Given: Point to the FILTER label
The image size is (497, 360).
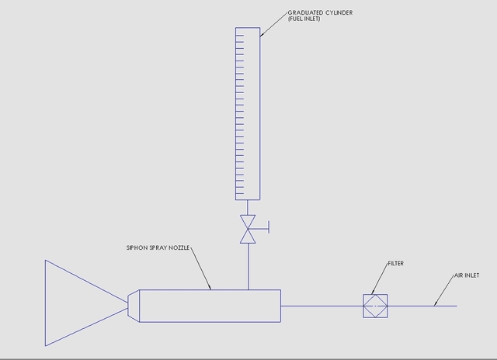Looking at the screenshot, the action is pos(395,264).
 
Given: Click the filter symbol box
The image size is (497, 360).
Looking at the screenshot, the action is pos(375,306).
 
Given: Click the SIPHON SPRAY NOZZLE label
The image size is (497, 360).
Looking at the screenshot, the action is pos(158,248).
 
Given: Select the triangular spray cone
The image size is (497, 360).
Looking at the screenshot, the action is pos(78,303).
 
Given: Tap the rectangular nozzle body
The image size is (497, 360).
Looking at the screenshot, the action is pos(210,305).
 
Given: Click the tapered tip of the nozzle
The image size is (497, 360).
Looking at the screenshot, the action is pos(134,305).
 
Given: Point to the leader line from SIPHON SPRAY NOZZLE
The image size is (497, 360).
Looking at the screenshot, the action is pos(200,268).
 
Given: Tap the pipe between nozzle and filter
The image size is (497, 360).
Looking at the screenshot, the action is pos(321,306).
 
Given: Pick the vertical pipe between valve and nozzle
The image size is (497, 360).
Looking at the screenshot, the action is pos(248,267).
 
